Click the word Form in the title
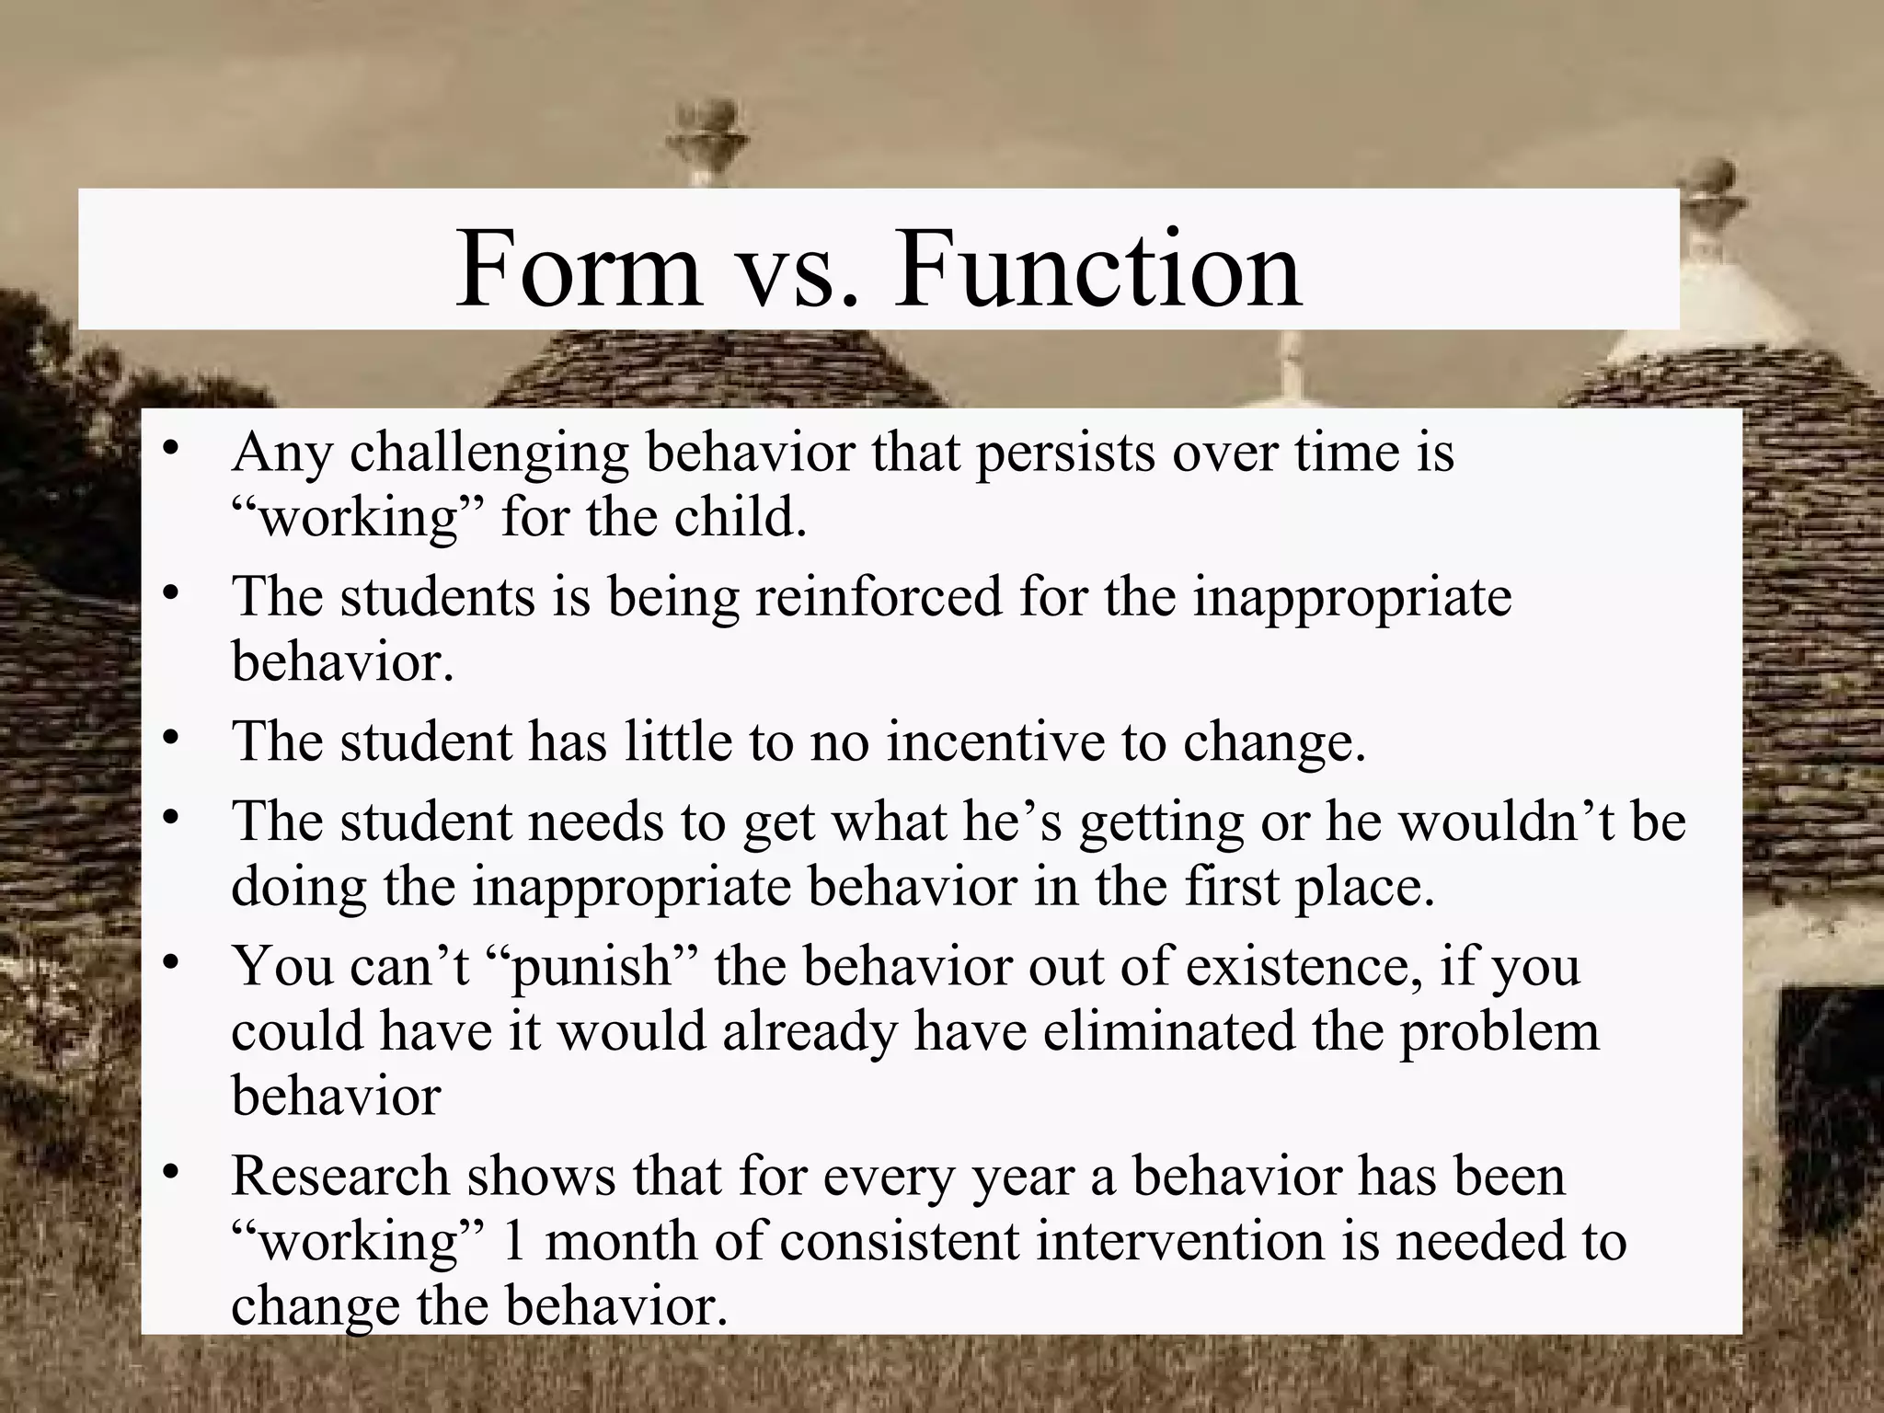[x=578, y=270]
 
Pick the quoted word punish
[x=590, y=966]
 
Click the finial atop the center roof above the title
[x=706, y=129]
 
